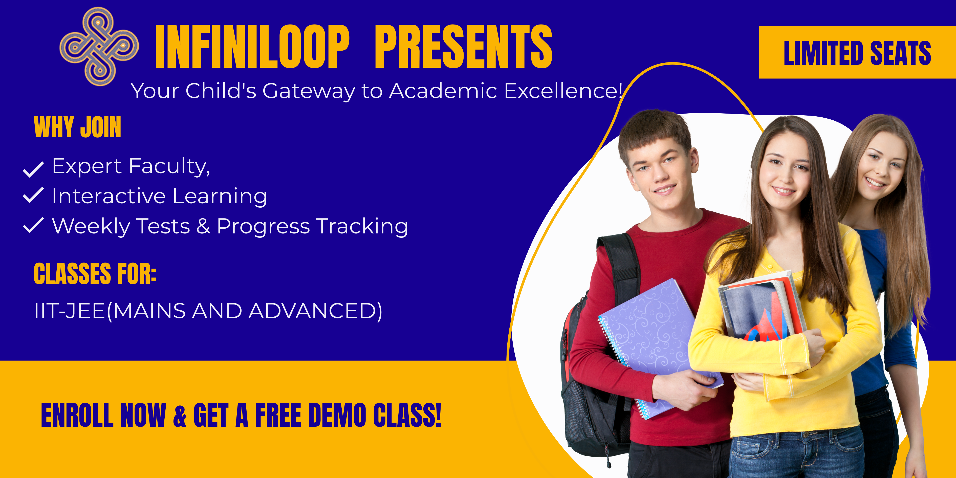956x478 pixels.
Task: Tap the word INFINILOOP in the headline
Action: (252, 47)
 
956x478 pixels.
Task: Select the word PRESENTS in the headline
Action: (464, 47)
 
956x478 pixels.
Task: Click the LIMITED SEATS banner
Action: (857, 52)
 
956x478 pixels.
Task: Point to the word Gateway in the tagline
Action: (309, 91)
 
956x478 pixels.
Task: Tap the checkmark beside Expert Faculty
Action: (33, 169)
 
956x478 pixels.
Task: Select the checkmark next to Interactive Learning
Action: (33, 195)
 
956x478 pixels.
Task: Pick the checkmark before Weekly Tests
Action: (33, 225)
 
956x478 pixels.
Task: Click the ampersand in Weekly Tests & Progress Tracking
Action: (203, 226)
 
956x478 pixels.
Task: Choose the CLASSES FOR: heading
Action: (95, 274)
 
